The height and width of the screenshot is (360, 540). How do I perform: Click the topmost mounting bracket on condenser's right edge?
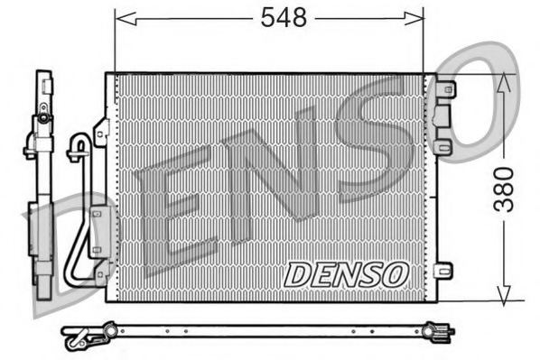point(443,89)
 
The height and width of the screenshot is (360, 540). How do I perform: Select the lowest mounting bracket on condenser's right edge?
point(442,270)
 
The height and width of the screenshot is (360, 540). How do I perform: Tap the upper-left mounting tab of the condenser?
point(101,132)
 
